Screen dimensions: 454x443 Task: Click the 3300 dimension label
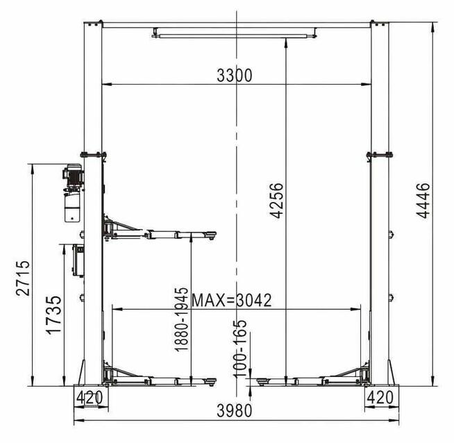235,76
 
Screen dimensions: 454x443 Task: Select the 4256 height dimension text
276,200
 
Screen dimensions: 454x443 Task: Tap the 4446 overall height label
423,200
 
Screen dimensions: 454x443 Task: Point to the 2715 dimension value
23,278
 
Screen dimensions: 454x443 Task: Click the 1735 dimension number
54,315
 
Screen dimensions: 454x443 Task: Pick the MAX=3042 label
232,300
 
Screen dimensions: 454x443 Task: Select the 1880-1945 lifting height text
182,319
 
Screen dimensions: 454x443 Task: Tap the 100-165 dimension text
240,349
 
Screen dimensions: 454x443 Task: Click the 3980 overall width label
235,410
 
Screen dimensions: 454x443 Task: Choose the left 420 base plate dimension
90,397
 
